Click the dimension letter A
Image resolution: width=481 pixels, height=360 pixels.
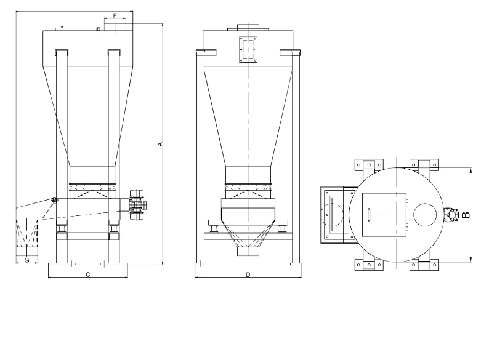coord(160,144)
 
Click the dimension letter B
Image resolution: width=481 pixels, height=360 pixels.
coord(466,215)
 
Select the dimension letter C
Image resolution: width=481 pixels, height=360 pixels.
coord(88,274)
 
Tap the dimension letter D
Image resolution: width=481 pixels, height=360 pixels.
coord(248,274)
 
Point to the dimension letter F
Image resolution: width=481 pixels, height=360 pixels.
coord(115,15)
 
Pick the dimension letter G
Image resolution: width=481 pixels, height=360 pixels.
coord(26,260)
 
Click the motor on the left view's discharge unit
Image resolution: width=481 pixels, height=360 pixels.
coord(137,205)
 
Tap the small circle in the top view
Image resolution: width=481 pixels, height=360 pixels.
coord(425,215)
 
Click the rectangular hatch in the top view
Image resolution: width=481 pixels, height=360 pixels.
coord(384,215)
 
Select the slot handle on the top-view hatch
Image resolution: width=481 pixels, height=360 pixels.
coord(369,214)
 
